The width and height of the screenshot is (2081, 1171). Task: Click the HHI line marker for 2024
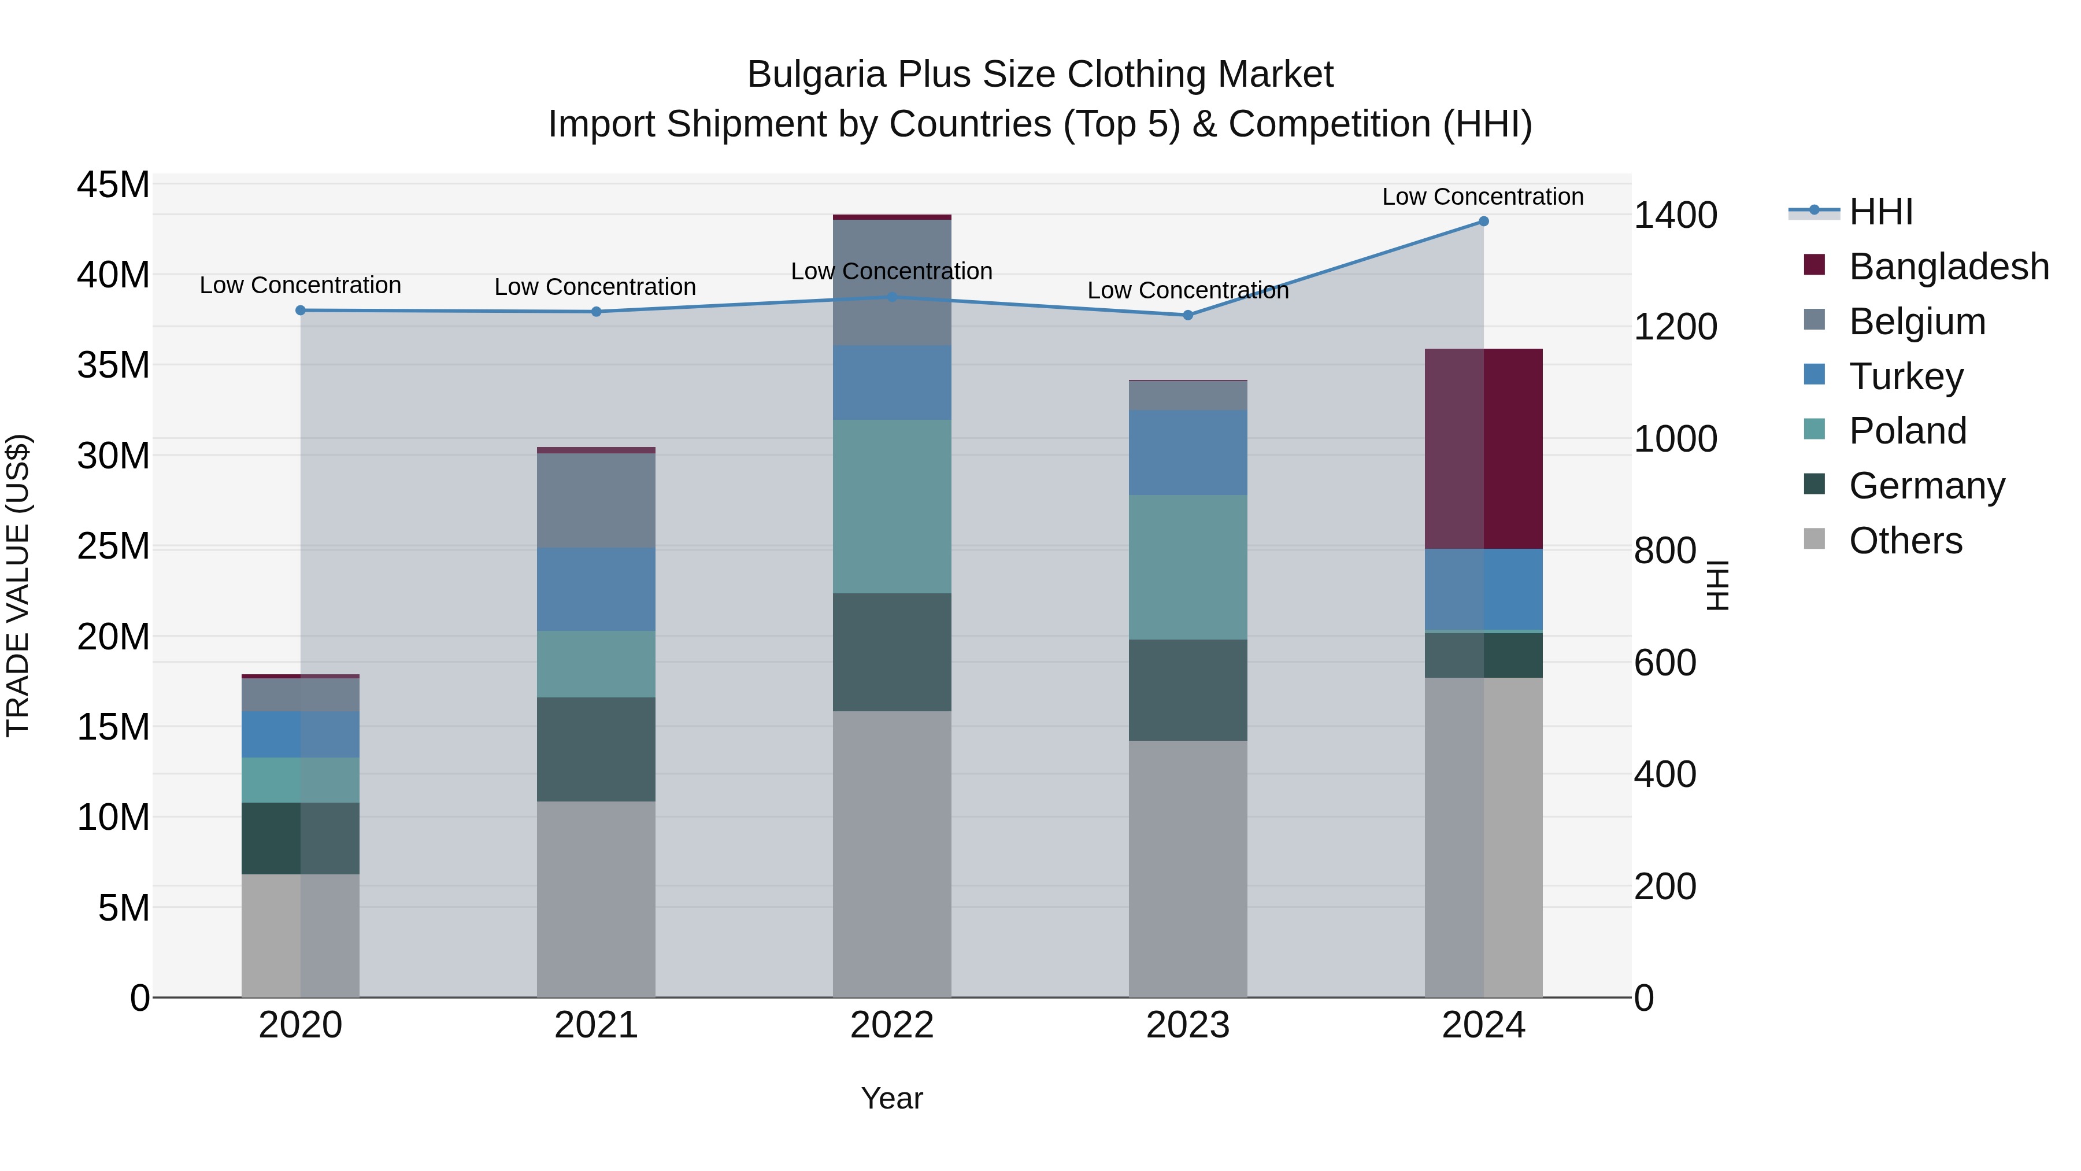click(1483, 221)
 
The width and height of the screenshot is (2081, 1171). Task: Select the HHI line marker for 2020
click(301, 311)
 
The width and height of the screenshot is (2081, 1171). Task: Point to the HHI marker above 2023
click(1187, 315)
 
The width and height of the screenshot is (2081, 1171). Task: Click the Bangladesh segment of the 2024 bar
click(1483, 449)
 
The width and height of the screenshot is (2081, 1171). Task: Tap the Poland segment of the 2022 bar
click(892, 507)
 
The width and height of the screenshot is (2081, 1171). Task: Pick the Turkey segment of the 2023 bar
click(1187, 453)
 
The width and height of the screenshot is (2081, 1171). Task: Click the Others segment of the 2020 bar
click(301, 935)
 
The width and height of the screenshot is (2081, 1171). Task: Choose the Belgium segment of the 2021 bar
click(596, 500)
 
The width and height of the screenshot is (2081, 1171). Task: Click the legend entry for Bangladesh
click(1947, 267)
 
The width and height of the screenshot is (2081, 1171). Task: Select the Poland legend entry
click(1906, 431)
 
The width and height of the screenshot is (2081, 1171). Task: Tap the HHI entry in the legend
click(1880, 212)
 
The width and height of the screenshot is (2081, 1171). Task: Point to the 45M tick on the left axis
click(113, 185)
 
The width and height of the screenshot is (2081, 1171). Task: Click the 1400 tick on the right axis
click(1675, 216)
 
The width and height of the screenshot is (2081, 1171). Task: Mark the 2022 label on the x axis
click(892, 1025)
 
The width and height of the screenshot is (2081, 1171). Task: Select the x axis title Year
click(892, 1098)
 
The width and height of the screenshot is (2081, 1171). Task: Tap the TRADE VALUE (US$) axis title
click(18, 585)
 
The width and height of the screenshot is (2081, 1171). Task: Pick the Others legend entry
click(1904, 541)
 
